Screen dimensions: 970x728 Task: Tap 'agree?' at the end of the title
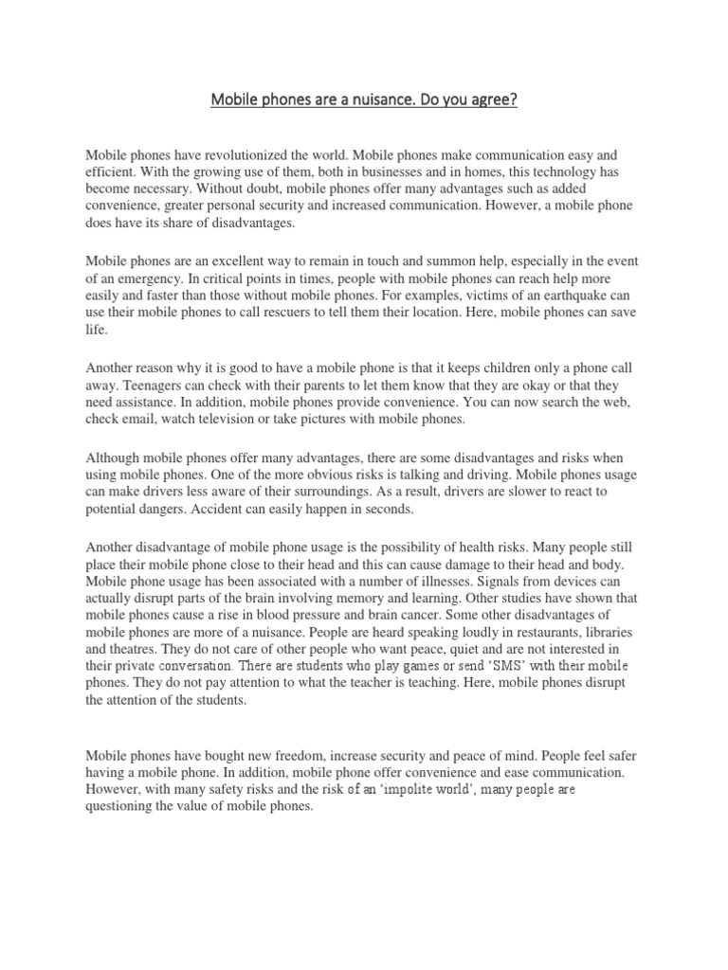coord(491,99)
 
